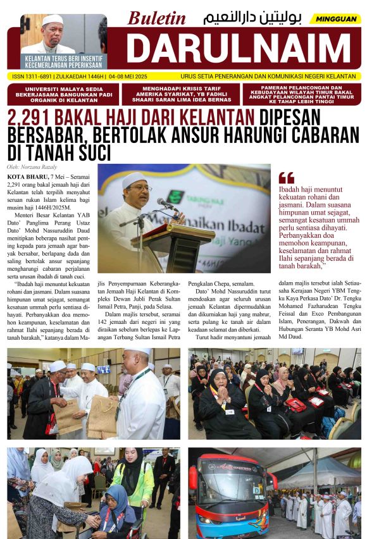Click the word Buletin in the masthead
coord(156,18)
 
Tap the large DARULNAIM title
coord(243,47)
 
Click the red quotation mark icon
coord(286,178)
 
